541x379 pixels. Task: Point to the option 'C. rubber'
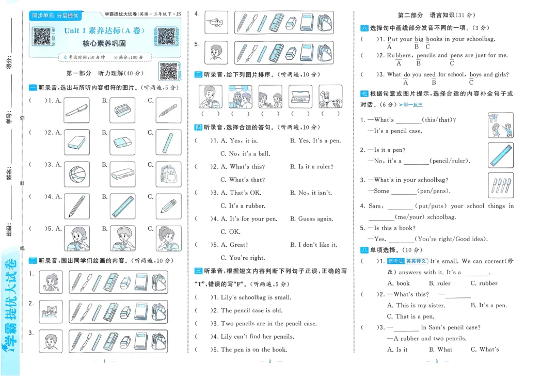(484, 283)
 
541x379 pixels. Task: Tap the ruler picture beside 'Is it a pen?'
(500, 155)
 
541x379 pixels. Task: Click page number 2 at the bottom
(270, 361)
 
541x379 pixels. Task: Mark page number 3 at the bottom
(436, 361)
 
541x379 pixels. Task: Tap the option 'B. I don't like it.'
(313, 245)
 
